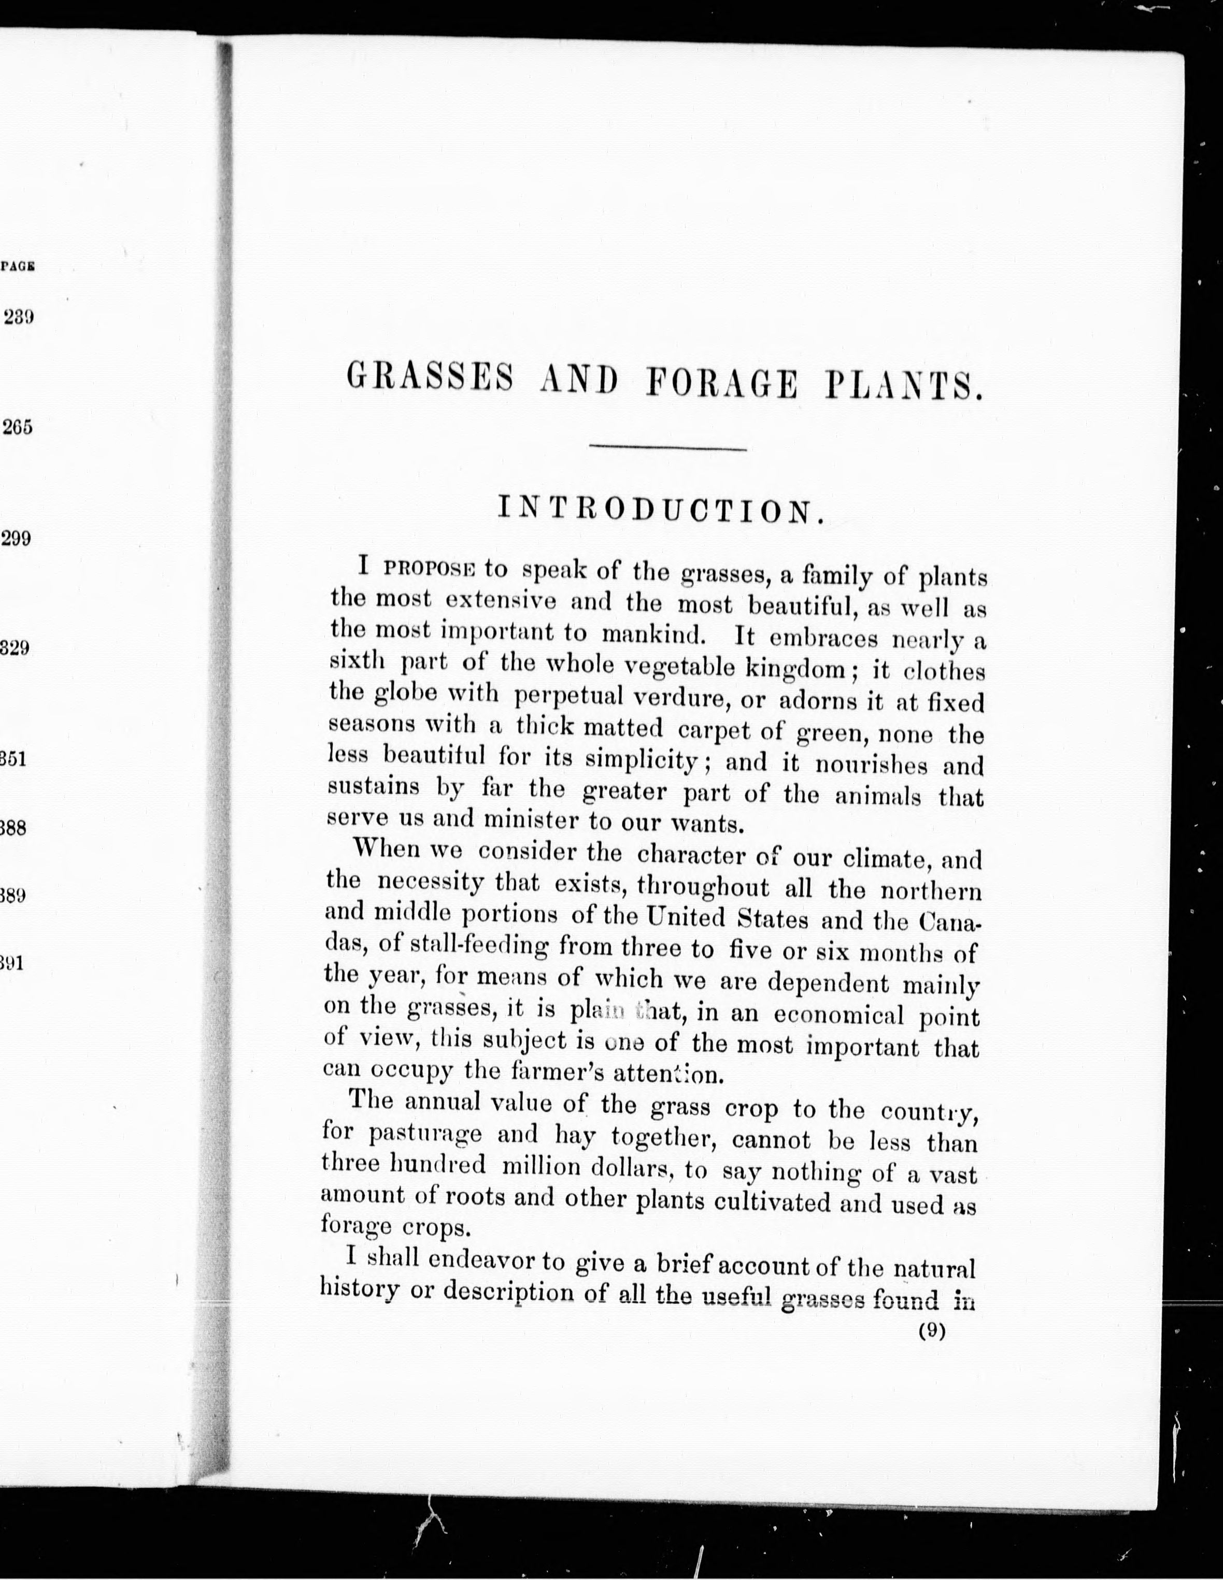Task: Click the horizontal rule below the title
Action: point(667,450)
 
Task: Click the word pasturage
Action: point(424,1134)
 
